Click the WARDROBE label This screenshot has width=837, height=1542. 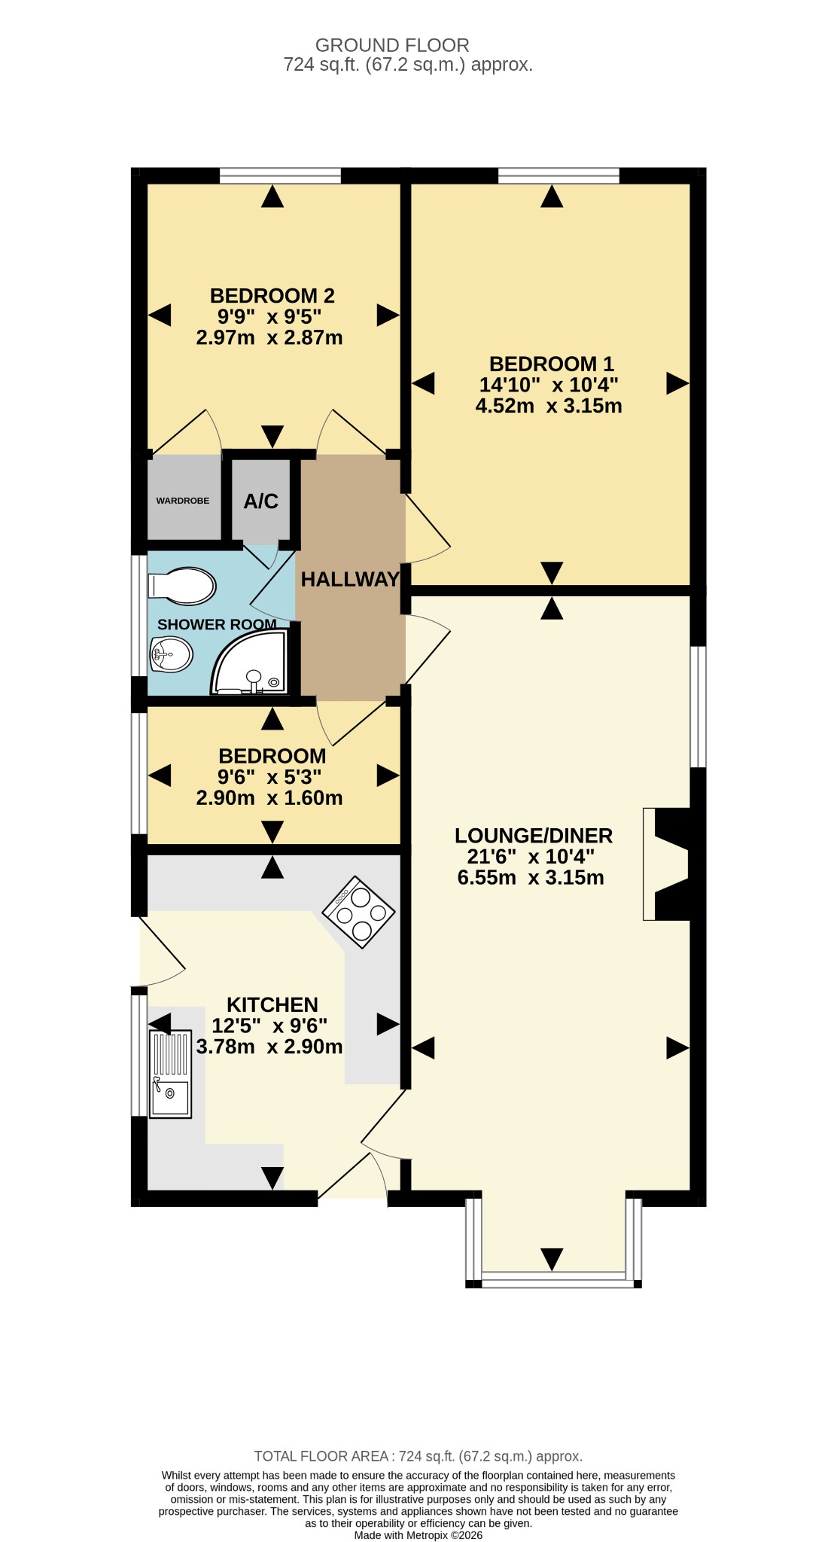183,501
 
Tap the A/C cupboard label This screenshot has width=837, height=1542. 261,501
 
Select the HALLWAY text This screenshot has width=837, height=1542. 350,579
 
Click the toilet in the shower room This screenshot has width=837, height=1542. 182,586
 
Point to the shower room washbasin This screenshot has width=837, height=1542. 172,654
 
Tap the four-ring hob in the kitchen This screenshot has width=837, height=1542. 359,912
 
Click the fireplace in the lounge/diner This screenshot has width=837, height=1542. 667,864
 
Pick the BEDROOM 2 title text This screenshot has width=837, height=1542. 272,296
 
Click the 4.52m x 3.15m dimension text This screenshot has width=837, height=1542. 549,407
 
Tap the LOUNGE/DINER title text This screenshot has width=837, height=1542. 534,836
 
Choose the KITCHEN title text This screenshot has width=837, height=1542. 272,1005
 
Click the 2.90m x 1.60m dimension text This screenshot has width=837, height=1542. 269,798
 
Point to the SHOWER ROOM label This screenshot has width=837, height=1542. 217,624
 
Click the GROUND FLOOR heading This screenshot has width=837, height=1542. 392,45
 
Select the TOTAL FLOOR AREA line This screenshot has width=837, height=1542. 418,1456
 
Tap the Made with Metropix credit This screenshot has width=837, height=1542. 418,1535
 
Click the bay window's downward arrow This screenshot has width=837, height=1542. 552,1259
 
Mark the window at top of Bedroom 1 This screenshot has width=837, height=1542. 559,176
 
